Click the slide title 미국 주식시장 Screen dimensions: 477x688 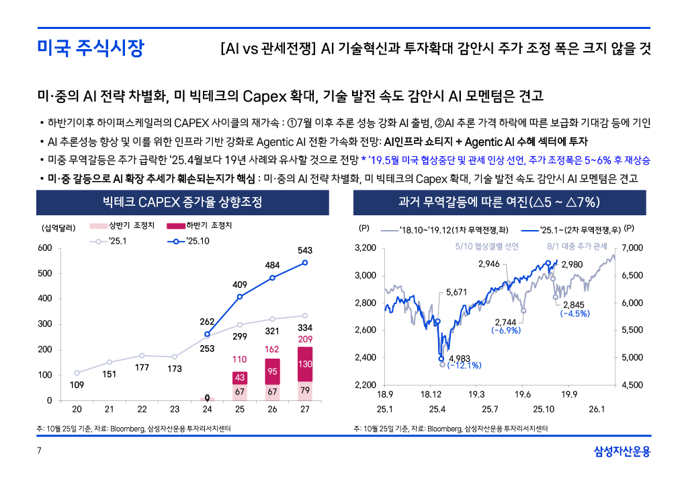coord(90,48)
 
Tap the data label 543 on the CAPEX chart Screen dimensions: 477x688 coord(305,250)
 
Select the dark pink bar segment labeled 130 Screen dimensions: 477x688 coord(305,364)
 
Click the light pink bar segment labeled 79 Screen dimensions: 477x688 coord(305,391)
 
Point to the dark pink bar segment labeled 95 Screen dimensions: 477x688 coord(273,371)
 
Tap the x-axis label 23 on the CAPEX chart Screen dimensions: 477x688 coord(175,410)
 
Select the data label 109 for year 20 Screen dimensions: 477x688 coord(77,385)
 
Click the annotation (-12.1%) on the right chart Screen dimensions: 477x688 coord(464,365)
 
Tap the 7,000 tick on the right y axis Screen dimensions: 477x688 coord(633,248)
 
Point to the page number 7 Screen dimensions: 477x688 coord(38,450)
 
